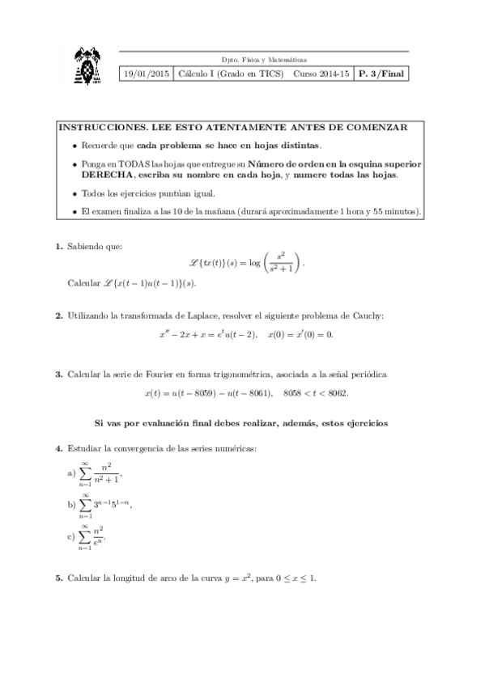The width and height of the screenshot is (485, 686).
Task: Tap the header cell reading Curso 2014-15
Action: click(321, 74)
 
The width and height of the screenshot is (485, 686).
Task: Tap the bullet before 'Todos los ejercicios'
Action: click(74, 194)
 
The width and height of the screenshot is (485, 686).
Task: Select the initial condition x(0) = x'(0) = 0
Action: click(304, 334)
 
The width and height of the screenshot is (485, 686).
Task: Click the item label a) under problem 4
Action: click(70, 473)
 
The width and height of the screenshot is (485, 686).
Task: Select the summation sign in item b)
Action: click(85, 505)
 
